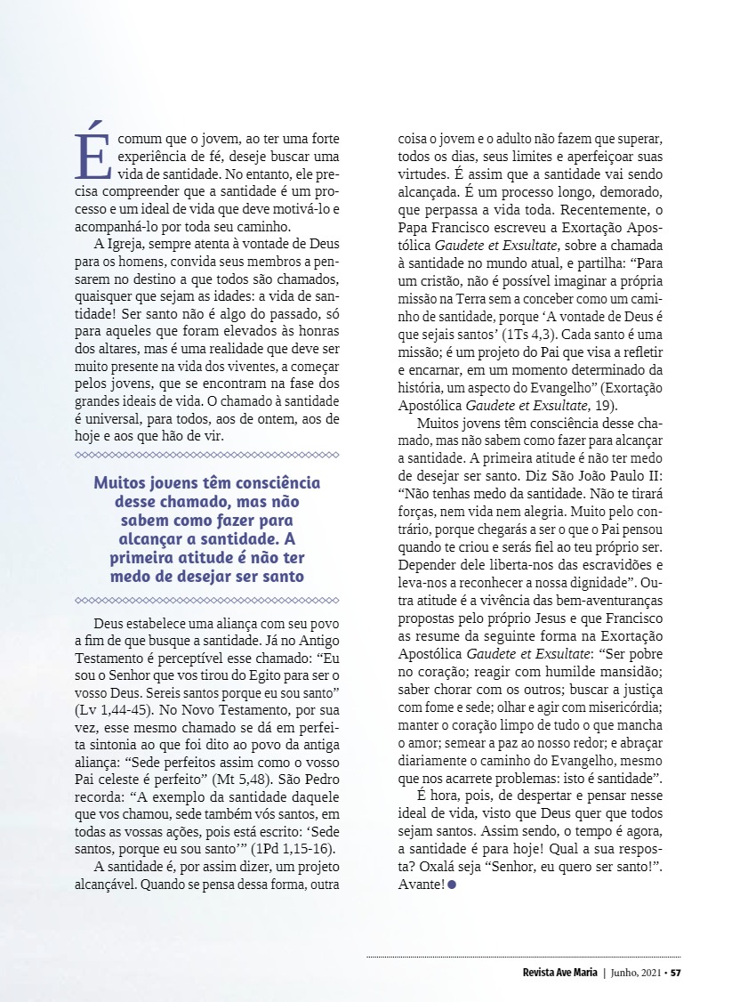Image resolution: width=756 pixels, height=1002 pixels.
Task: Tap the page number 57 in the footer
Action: (x=676, y=972)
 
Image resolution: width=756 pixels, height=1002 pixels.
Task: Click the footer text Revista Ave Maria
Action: (x=560, y=972)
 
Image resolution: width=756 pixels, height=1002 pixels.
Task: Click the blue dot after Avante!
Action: (x=452, y=885)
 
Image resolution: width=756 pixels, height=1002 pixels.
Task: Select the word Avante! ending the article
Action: (x=422, y=885)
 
